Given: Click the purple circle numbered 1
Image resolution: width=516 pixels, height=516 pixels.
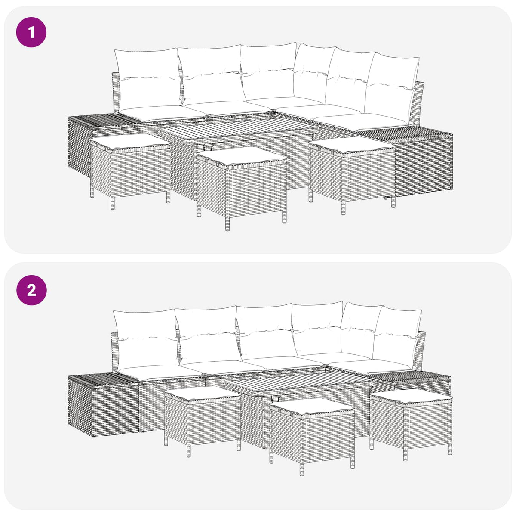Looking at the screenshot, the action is (x=31, y=32).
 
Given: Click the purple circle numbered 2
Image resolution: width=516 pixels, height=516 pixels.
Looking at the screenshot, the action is (x=31, y=290).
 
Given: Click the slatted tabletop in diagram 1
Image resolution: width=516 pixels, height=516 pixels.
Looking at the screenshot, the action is (x=240, y=129).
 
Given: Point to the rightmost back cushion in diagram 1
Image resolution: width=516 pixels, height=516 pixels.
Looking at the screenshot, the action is (x=391, y=83).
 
